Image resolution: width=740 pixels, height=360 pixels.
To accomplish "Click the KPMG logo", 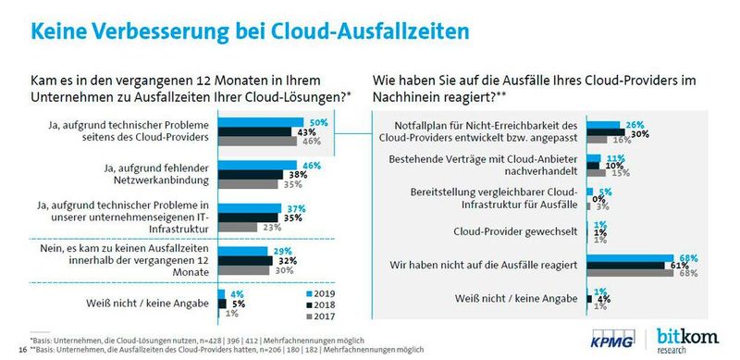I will click(631, 338).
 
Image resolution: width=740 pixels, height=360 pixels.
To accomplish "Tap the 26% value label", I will click(634, 124).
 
